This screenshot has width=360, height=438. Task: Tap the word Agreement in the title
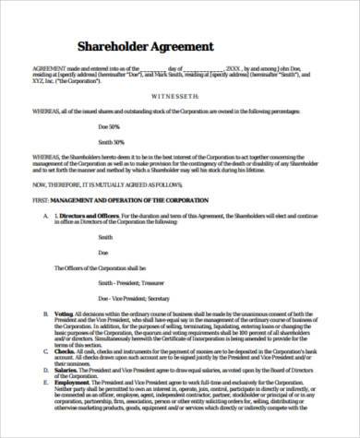click(183, 45)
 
